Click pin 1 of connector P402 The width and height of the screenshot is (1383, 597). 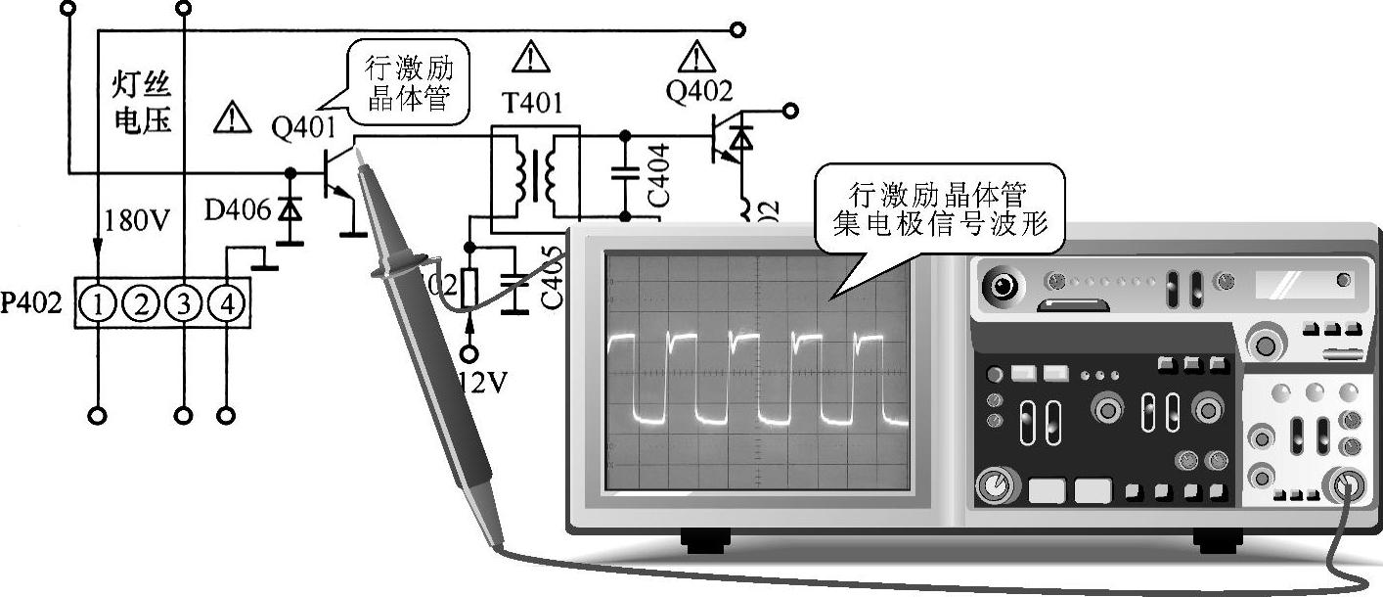99,305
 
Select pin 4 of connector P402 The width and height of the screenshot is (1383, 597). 227,305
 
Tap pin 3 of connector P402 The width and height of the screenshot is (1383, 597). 184,305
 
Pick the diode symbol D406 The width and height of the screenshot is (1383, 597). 290,209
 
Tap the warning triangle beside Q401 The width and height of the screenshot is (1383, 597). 232,118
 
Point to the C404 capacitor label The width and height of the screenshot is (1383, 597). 658,173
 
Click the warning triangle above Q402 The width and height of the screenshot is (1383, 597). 695,57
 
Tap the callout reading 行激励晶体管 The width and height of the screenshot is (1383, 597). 409,84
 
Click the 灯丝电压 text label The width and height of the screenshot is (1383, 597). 141,104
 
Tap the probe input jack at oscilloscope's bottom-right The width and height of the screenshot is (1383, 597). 1347,484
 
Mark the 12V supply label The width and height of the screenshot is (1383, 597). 480,382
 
